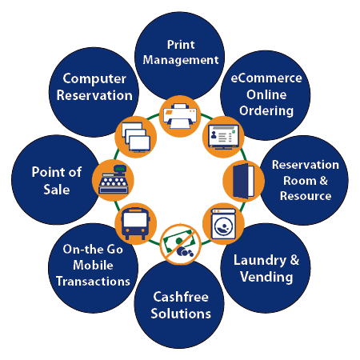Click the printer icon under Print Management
[178, 118]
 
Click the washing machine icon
[225, 223]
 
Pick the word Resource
[305, 195]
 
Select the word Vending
[266, 277]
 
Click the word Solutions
[182, 313]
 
